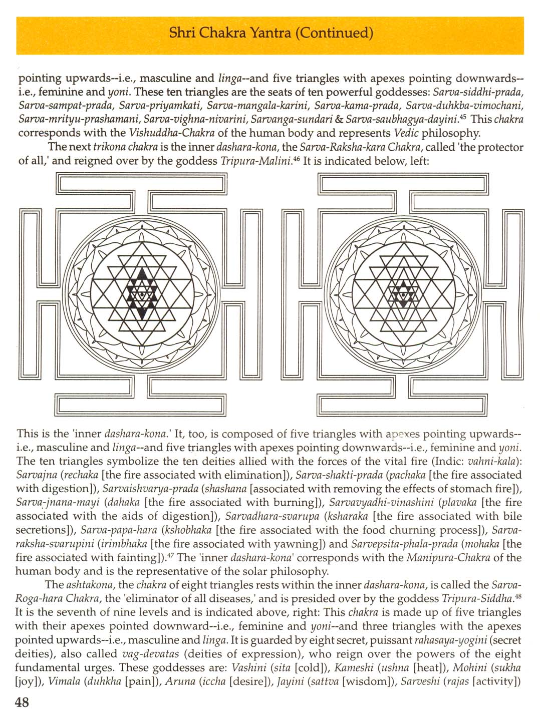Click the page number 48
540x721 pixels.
tap(23, 702)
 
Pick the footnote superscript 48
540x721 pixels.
tap(518, 595)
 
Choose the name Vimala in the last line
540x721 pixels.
tap(65, 681)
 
